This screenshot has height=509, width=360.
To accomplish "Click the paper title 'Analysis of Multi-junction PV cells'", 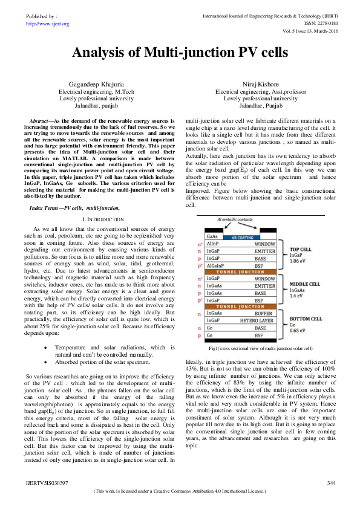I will [180, 53].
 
